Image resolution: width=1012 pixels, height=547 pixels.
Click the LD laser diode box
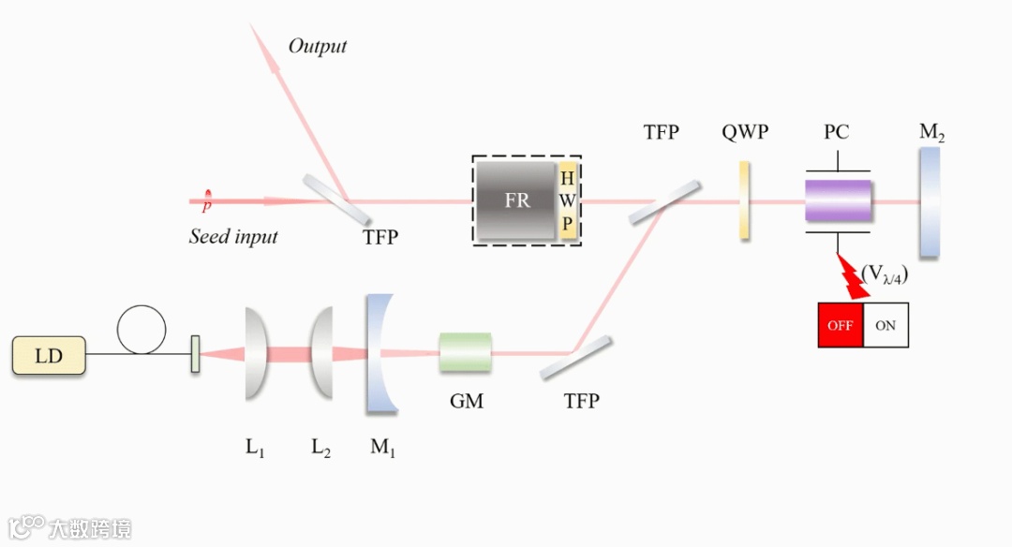[49, 356]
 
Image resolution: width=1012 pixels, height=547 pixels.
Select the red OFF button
[841, 326]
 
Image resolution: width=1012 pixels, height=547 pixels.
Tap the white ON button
[885, 326]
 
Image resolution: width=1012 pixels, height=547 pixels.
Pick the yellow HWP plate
[567, 201]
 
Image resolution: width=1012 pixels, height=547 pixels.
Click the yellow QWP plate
[744, 200]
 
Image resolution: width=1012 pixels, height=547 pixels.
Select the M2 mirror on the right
[930, 200]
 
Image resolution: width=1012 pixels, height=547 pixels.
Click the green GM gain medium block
[466, 352]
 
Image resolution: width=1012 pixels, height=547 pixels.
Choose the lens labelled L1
[256, 353]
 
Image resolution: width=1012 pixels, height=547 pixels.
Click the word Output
[317, 46]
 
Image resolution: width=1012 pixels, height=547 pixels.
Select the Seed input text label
[233, 236]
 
